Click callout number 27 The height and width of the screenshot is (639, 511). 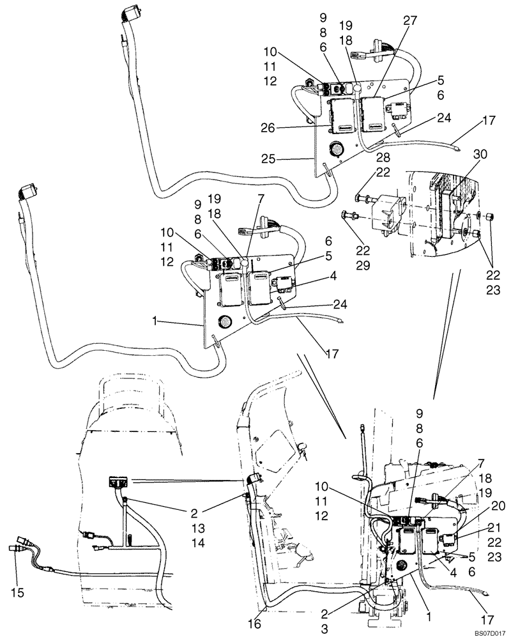(x=408, y=21)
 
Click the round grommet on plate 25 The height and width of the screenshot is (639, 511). (x=337, y=150)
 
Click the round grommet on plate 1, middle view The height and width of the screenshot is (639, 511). (x=225, y=321)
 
